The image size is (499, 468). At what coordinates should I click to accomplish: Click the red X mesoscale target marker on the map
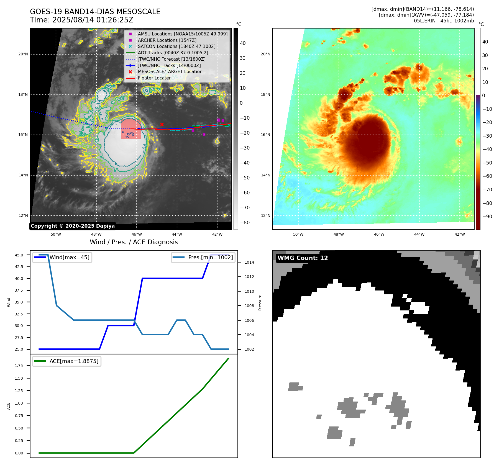[x=162, y=125]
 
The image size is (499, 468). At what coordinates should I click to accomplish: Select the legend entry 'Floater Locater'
[x=154, y=78]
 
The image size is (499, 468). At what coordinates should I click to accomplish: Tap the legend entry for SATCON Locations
[x=176, y=47]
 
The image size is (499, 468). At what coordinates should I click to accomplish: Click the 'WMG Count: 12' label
[x=303, y=258]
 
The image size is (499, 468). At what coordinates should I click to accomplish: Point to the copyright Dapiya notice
[x=73, y=226]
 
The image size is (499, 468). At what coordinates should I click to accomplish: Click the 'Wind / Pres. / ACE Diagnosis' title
[x=134, y=242]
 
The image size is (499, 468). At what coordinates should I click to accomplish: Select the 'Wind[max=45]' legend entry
[x=69, y=257]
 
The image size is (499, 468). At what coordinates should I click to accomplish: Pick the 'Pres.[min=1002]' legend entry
[x=210, y=257]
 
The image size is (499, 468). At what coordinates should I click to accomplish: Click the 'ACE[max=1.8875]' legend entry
[x=74, y=361]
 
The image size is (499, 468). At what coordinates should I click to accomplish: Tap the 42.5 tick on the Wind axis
[x=19, y=267]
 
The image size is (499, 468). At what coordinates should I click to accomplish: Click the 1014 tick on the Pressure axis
[x=249, y=263]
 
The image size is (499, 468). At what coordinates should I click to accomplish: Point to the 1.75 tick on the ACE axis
[x=19, y=366]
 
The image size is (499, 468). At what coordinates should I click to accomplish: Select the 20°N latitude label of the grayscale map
[x=23, y=54]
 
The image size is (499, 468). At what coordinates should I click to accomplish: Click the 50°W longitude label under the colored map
[x=298, y=235]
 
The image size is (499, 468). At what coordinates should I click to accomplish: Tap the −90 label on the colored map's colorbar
[x=487, y=217]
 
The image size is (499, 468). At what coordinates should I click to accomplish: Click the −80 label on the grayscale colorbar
[x=245, y=223]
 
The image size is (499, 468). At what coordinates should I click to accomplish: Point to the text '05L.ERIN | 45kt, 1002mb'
[x=444, y=21]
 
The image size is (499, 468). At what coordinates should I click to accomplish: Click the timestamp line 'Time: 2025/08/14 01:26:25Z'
[x=81, y=20]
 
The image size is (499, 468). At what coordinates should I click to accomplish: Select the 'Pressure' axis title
[x=260, y=302]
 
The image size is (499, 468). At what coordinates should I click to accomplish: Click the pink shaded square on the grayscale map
[x=130, y=129]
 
